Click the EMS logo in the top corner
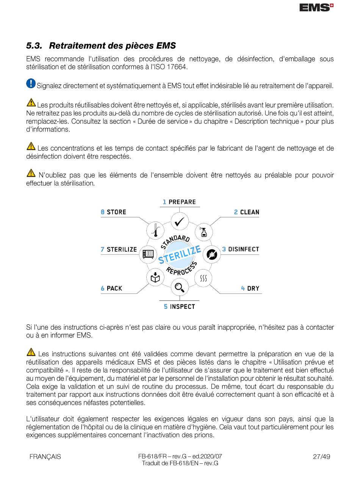pyautogui.click(x=316, y=7)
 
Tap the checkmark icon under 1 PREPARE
pyautogui.click(x=180, y=222)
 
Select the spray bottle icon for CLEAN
pyautogui.click(x=204, y=232)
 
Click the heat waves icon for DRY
pyautogui.click(x=203, y=278)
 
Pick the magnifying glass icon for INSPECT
pyautogui.click(x=180, y=288)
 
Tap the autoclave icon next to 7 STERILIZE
pyautogui.click(x=147, y=254)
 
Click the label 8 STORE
pyautogui.click(x=113, y=212)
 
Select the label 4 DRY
pyautogui.click(x=250, y=288)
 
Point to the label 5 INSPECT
pyautogui.click(x=179, y=307)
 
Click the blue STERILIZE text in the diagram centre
pyautogui.click(x=180, y=255)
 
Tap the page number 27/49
pyautogui.click(x=321, y=457)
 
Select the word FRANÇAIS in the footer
pyautogui.click(x=45, y=457)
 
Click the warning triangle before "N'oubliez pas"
pyautogui.click(x=31, y=173)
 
